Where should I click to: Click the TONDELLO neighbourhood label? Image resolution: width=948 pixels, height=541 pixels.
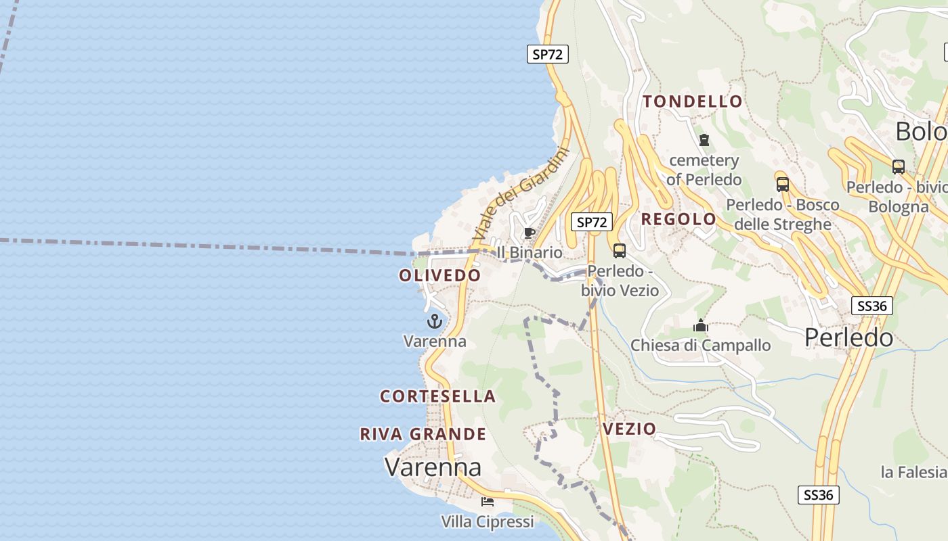tap(692, 101)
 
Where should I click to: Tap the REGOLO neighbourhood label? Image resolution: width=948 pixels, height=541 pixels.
tap(678, 219)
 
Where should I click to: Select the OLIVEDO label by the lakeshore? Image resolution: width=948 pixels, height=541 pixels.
tap(439, 275)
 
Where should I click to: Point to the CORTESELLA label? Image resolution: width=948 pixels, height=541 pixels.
tap(437, 396)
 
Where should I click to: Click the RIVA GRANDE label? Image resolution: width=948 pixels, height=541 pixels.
tap(423, 434)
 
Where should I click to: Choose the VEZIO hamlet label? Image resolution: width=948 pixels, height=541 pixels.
tap(629, 429)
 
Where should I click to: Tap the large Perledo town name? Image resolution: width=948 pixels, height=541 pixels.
tap(848, 337)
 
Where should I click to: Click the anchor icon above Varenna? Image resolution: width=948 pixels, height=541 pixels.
tap(434, 321)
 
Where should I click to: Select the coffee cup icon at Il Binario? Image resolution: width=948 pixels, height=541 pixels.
tap(530, 233)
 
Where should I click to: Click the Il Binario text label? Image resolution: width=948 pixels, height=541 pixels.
tap(530, 252)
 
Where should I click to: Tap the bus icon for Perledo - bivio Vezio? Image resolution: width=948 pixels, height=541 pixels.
tap(619, 251)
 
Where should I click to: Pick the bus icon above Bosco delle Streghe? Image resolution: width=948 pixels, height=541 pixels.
tap(782, 184)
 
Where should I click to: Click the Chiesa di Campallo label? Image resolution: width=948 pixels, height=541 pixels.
tap(700, 346)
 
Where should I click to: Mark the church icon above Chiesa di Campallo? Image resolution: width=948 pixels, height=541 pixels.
tap(700, 327)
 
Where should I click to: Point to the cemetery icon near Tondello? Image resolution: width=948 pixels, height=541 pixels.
tap(704, 141)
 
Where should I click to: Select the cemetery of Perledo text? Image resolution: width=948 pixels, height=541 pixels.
tap(704, 170)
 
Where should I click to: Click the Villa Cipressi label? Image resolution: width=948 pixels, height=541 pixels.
tap(487, 522)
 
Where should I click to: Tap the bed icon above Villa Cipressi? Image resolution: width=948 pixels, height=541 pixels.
tap(487, 502)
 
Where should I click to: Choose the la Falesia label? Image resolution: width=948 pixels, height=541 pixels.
tap(913, 472)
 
